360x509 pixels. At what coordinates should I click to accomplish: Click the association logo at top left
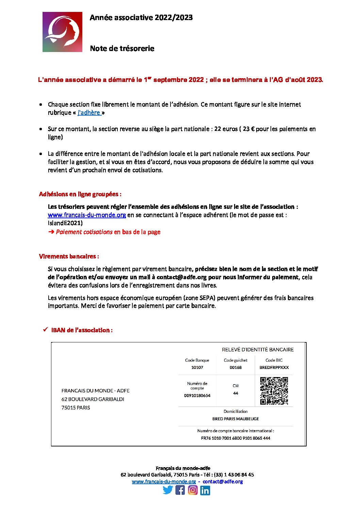[62, 32]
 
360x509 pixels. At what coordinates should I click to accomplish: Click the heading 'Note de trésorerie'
[122, 49]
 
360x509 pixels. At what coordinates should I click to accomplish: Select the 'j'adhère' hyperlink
[89, 113]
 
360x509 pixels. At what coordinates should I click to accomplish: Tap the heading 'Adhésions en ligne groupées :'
[80, 194]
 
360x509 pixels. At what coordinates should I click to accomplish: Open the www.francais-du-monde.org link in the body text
[87, 215]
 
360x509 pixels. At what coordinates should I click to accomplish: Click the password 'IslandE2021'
[65, 223]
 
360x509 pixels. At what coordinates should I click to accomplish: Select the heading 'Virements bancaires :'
[69, 257]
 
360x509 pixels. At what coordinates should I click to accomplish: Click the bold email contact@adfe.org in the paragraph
[181, 277]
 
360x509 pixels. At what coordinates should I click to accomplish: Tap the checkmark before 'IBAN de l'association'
[45, 330]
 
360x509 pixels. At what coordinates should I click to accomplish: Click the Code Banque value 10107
[197, 368]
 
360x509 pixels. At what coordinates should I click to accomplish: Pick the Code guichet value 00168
[235, 368]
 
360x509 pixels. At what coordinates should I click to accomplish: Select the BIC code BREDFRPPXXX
[274, 368]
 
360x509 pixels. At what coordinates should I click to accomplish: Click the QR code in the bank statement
[274, 391]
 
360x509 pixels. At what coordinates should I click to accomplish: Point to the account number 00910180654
[197, 396]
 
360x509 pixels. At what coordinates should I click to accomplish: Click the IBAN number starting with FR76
[235, 438]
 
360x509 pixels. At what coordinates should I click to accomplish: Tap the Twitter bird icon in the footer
[168, 490]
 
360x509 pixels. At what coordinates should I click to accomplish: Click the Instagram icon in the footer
[193, 490]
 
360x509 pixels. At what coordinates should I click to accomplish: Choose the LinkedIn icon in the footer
[205, 490]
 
